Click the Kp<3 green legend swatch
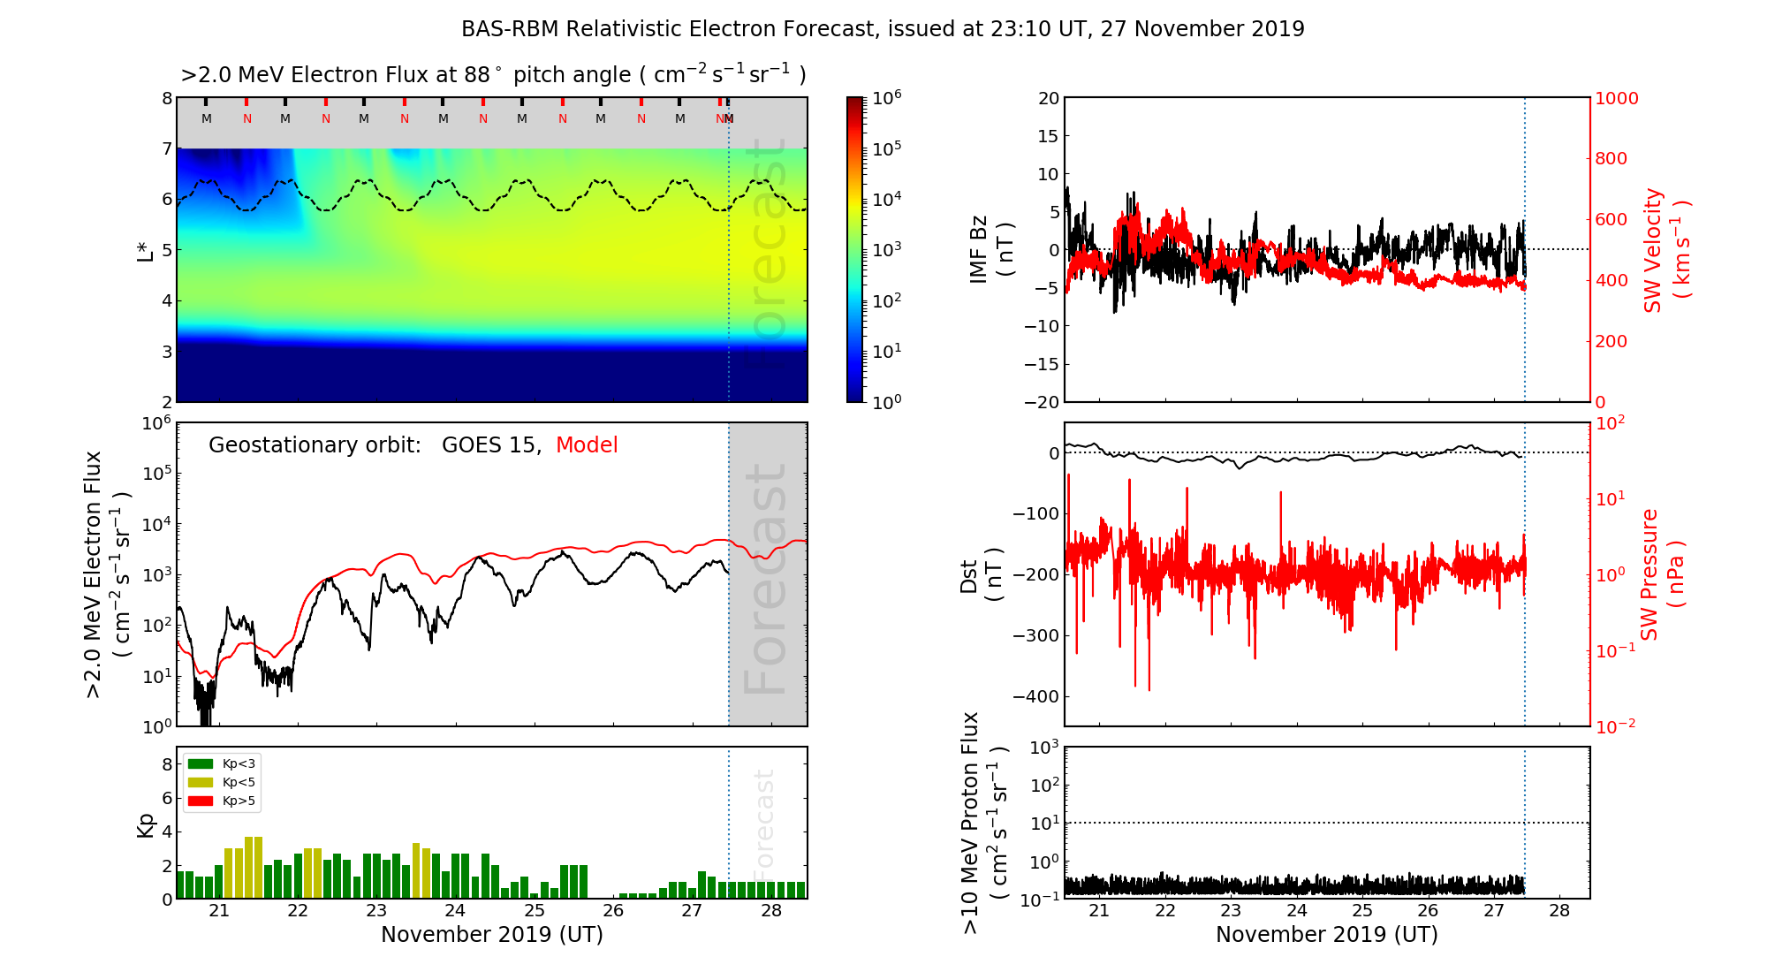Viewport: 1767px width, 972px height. pos(201,763)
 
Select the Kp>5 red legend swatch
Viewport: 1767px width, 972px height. pos(201,801)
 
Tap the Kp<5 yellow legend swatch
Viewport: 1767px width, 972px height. pos(201,782)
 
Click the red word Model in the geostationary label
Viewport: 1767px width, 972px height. pos(587,445)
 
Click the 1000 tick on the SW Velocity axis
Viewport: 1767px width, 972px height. pos(1616,98)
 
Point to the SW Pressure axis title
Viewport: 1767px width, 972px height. pos(1662,574)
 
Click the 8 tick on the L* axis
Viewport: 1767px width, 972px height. pos(166,98)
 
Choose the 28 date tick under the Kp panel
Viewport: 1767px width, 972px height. pos(771,911)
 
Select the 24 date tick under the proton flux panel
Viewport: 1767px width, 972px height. pos(1296,911)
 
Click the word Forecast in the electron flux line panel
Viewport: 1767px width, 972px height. pos(765,579)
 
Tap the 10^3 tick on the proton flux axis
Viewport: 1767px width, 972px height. pos(1044,748)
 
